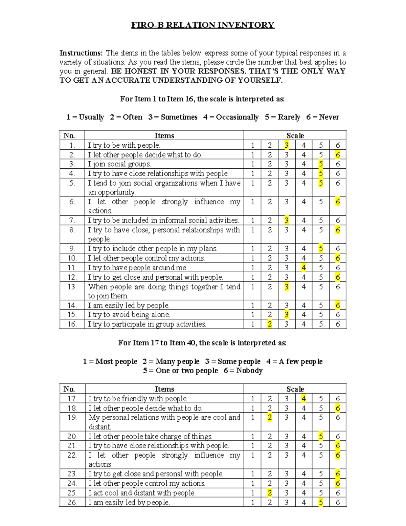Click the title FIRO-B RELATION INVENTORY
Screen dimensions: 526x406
203,25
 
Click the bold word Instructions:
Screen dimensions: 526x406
81,53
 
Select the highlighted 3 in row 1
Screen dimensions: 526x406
287,145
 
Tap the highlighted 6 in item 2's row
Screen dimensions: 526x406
338,155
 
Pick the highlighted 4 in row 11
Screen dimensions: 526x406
303,268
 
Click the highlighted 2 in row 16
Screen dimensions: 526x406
270,324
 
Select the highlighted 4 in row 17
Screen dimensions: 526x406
303,399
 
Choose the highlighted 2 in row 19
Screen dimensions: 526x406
270,418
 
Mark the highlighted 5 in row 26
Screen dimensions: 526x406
321,503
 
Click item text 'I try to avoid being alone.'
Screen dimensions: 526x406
129,315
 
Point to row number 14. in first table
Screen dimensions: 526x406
72,306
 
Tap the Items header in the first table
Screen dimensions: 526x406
164,136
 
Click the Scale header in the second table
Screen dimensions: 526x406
295,389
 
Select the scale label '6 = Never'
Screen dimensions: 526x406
322,117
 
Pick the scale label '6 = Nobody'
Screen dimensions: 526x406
243,371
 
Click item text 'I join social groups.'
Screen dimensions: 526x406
119,164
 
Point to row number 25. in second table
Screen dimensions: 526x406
72,493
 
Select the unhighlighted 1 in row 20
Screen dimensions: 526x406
252,437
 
